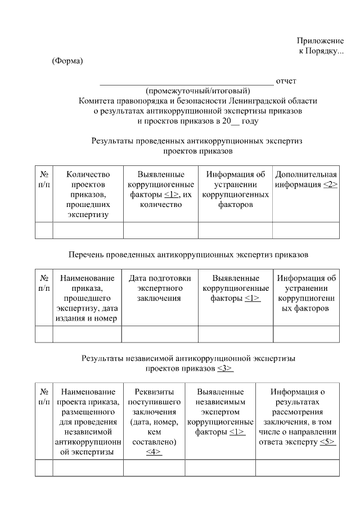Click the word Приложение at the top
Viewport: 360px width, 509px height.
click(x=320, y=41)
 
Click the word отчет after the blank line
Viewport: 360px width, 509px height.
click(x=286, y=81)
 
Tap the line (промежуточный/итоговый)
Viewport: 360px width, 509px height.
click(x=198, y=91)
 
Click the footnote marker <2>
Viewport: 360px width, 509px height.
click(x=330, y=184)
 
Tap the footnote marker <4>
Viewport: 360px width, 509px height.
click(x=154, y=452)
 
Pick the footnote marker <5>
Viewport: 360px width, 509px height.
click(x=328, y=442)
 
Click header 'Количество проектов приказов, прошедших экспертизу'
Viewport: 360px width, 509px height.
click(x=88, y=194)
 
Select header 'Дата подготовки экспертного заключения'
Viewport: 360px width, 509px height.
click(x=160, y=288)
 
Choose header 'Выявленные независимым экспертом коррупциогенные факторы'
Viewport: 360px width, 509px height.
click(x=220, y=412)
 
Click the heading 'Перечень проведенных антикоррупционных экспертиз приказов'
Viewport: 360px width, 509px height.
click(x=188, y=255)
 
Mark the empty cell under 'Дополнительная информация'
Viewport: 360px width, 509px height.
click(x=306, y=231)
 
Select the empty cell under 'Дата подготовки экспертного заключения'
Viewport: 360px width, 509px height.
click(x=160, y=334)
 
